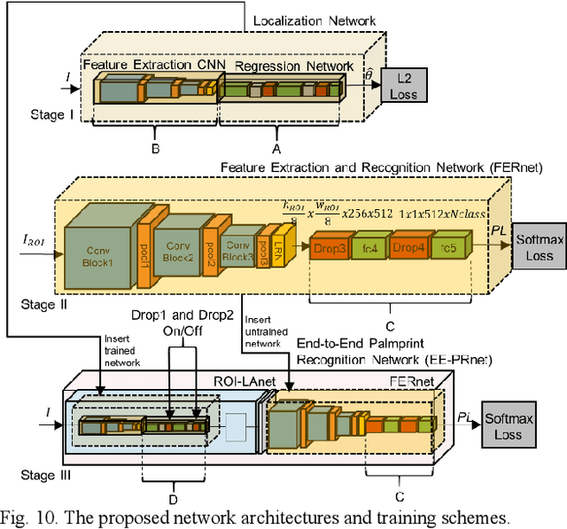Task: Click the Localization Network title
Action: [x=315, y=20]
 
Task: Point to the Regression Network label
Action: [x=284, y=65]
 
